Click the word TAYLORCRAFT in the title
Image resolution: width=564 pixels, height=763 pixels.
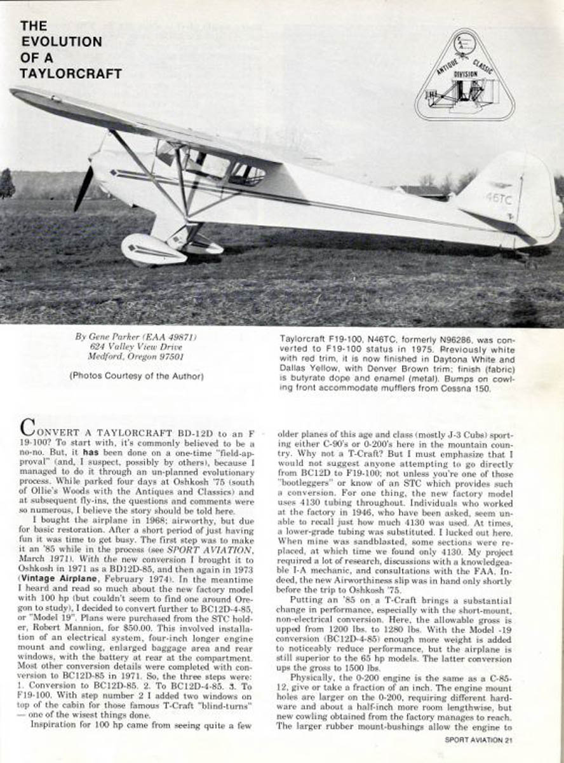tap(70, 73)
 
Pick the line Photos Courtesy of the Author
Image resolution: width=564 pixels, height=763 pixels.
tap(137, 376)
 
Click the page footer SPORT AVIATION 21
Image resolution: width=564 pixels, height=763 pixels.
tap(478, 739)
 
